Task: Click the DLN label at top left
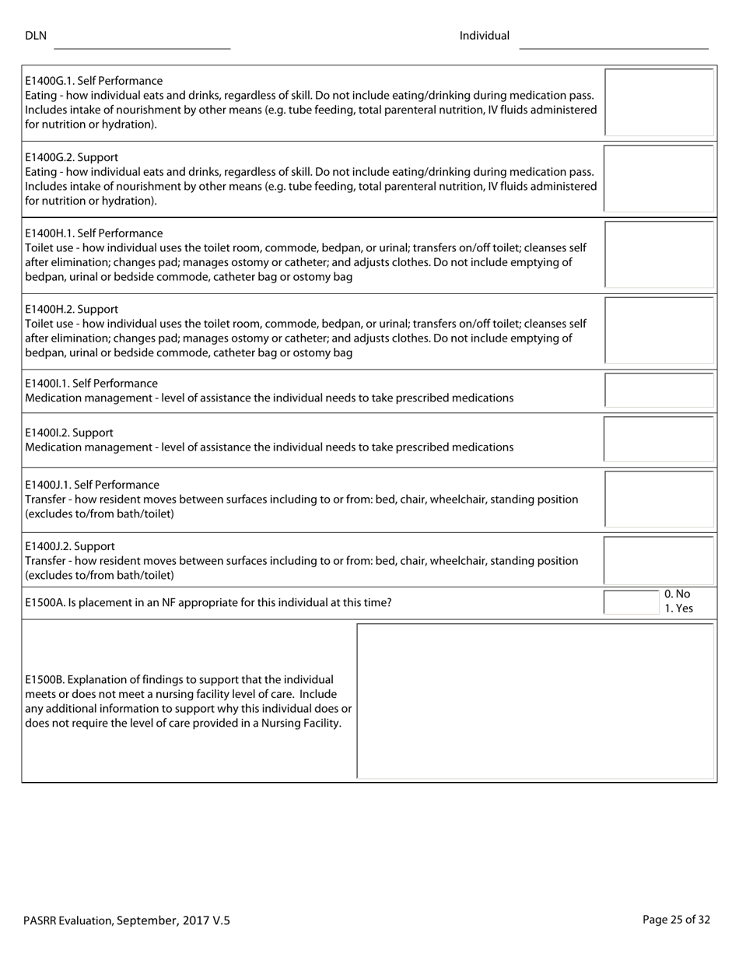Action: pyautogui.click(x=36, y=36)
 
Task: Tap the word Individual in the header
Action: pyautogui.click(x=484, y=36)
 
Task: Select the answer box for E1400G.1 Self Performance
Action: pyautogui.click(x=659, y=102)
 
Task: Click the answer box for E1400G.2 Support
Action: pyautogui.click(x=659, y=178)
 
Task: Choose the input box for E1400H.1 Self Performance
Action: pyautogui.click(x=659, y=254)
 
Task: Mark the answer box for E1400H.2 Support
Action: pyautogui.click(x=659, y=331)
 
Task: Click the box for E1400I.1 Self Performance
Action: pyautogui.click(x=659, y=391)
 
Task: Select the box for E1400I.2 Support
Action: pyautogui.click(x=659, y=440)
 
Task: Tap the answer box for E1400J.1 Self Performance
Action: pyautogui.click(x=659, y=499)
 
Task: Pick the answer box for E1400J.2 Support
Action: pyautogui.click(x=659, y=560)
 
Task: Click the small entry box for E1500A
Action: pyautogui.click(x=632, y=602)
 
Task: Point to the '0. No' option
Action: pyautogui.click(x=678, y=594)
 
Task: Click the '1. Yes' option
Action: pyautogui.click(x=678, y=608)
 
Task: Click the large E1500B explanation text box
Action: pyautogui.click(x=535, y=700)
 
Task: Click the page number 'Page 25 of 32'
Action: pyautogui.click(x=676, y=920)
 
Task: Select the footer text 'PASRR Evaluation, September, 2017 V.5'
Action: pyautogui.click(x=127, y=920)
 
